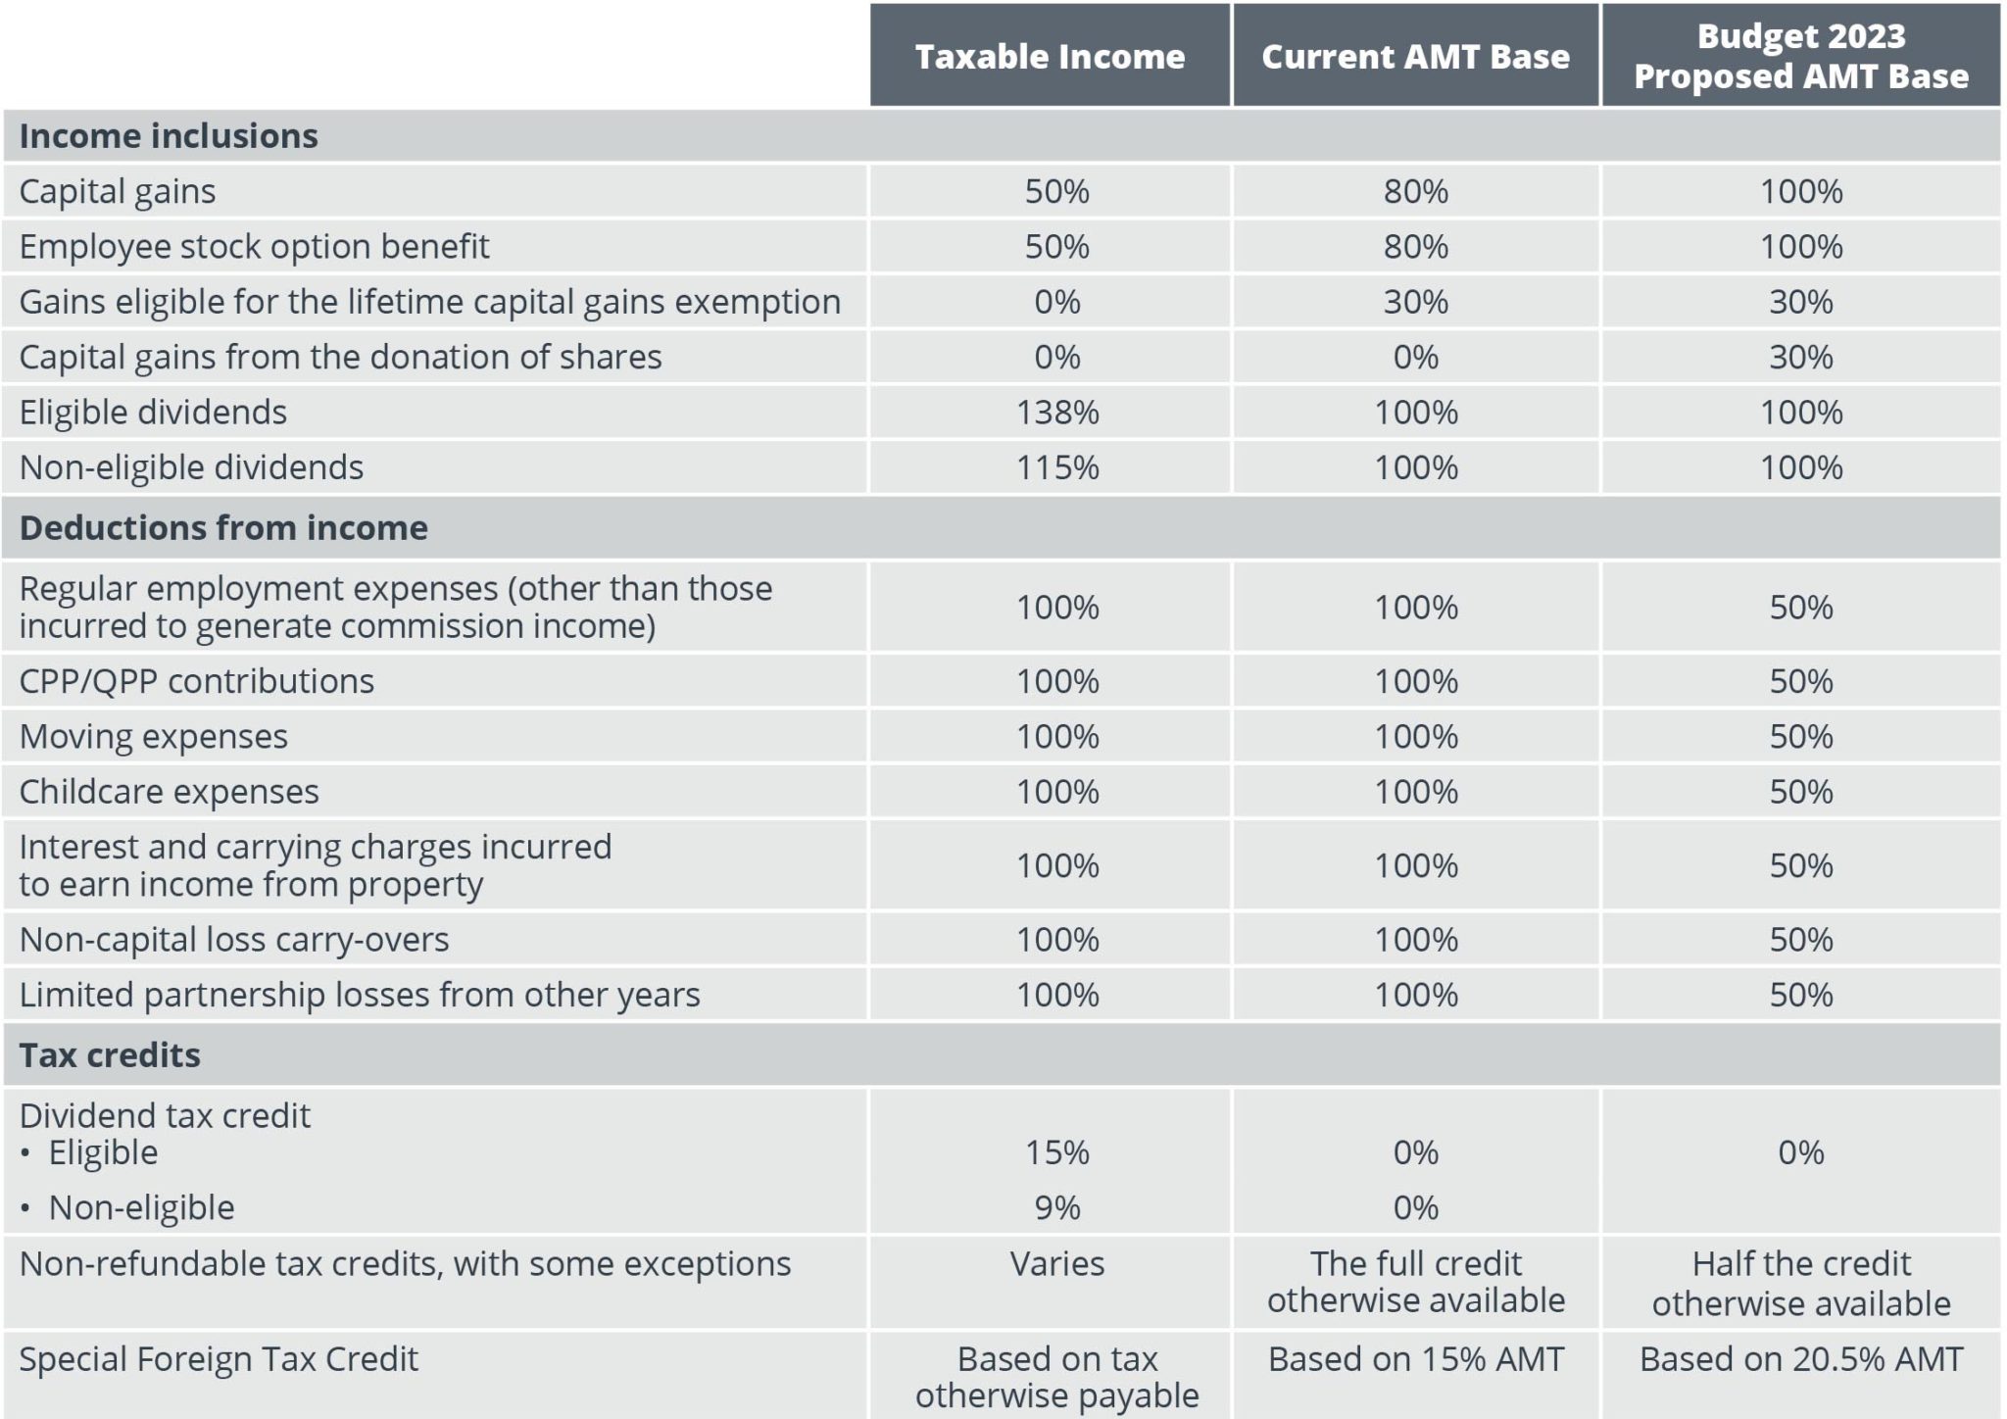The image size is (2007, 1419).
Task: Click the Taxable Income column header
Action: pos(1050,56)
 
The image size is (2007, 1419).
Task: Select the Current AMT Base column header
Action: pos(1415,56)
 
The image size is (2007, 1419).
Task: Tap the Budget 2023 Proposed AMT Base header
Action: pos(1800,56)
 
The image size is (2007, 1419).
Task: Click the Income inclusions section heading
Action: pos(169,135)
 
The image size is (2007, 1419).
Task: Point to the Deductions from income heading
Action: pos(223,527)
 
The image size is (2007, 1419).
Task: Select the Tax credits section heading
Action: pos(110,1054)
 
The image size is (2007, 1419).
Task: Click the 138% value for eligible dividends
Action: pos(1056,412)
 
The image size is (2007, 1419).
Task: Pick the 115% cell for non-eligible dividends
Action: pos(1056,467)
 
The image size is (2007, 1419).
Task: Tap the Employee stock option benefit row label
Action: pos(254,246)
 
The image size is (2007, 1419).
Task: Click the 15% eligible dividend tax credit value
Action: pos(1056,1151)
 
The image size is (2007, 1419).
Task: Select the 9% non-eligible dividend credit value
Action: pos(1056,1207)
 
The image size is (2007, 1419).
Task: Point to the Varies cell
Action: pos(1056,1263)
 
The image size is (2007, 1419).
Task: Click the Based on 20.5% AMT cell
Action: pos(1800,1359)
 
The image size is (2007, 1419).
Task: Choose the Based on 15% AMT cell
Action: pos(1415,1359)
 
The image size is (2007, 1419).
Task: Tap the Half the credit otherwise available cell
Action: pos(1800,1283)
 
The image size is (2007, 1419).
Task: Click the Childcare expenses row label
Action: pos(169,791)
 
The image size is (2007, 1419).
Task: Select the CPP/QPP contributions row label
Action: pos(196,680)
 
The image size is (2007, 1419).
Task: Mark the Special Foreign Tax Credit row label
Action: pos(219,1359)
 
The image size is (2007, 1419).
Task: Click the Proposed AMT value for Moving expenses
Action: pos(1800,736)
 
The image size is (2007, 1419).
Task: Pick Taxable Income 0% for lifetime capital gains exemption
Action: pos(1056,302)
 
